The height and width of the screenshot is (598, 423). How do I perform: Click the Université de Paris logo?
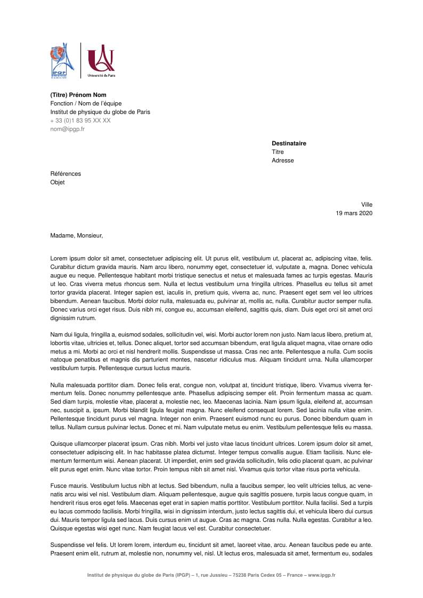click(101, 60)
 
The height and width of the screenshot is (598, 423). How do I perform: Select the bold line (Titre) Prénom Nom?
click(78, 95)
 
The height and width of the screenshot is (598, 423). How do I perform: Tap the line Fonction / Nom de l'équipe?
click(86, 103)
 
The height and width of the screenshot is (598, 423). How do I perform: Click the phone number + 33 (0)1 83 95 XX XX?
click(80, 120)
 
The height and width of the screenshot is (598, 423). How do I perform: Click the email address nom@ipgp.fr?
click(67, 129)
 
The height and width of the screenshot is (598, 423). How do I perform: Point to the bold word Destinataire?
click(289, 143)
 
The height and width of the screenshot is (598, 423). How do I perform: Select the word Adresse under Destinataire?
click(282, 160)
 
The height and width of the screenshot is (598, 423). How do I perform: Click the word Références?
click(66, 174)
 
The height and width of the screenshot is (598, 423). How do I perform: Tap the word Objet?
click(57, 182)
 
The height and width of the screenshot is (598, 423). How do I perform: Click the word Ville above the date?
click(367, 204)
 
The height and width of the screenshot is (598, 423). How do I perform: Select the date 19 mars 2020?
click(354, 213)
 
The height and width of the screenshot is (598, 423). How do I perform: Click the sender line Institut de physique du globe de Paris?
click(100, 112)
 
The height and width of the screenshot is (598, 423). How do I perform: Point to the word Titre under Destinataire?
click(278, 152)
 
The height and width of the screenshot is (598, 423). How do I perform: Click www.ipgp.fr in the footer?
click(321, 575)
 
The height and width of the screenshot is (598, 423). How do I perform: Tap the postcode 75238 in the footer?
click(241, 575)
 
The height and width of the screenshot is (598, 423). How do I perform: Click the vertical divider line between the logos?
click(80, 60)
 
